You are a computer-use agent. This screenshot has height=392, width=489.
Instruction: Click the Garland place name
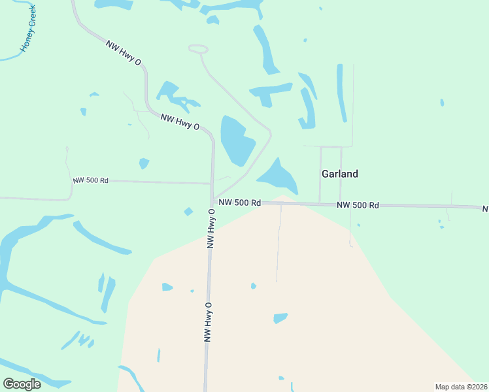pyautogui.click(x=339, y=174)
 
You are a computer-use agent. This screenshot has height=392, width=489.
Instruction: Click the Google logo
pyautogui.click(x=22, y=384)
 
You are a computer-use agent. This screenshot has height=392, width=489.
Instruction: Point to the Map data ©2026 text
pyautogui.click(x=460, y=386)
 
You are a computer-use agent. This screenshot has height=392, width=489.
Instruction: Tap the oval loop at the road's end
pyautogui.click(x=198, y=49)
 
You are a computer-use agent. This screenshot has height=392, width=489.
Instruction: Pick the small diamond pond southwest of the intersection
pyautogui.click(x=188, y=211)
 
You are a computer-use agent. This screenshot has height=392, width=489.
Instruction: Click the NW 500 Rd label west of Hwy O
pyautogui.click(x=90, y=180)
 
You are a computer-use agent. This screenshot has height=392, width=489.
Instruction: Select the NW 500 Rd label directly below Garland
pyautogui.click(x=358, y=205)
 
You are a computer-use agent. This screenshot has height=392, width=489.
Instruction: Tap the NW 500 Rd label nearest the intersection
pyautogui.click(x=240, y=203)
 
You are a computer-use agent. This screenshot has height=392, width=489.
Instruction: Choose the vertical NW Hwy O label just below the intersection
pyautogui.click(x=211, y=229)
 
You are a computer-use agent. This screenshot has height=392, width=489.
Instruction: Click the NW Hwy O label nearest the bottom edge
pyautogui.click(x=209, y=321)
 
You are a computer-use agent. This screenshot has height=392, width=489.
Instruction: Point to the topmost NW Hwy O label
pyautogui.click(x=124, y=53)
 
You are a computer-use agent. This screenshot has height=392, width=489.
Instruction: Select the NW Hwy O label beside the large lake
pyautogui.click(x=180, y=122)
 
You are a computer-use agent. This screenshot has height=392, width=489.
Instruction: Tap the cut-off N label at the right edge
pyautogui.click(x=485, y=209)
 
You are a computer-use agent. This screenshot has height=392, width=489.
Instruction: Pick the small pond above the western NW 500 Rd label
pyautogui.click(x=144, y=163)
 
